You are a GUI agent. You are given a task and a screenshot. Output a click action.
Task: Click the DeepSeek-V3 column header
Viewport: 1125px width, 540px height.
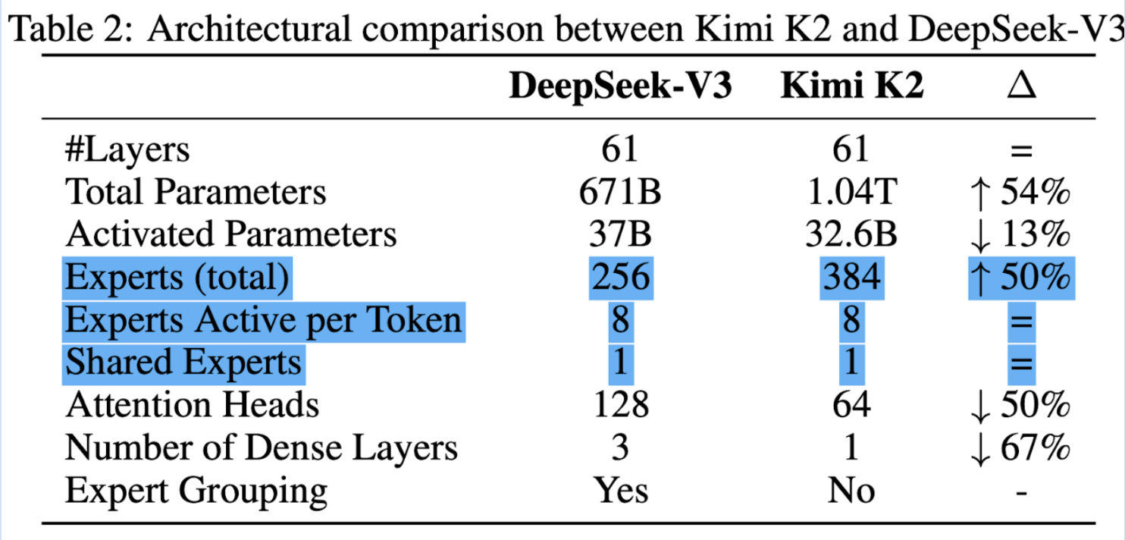point(620,86)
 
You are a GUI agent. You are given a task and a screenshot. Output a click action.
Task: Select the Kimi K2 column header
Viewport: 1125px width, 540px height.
point(852,86)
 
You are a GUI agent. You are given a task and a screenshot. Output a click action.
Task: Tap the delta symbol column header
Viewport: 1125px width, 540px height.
point(1022,86)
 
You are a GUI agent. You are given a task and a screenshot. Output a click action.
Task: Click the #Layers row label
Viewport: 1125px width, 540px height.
point(127,149)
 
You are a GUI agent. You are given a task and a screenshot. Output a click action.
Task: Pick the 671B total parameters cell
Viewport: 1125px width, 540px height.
point(620,192)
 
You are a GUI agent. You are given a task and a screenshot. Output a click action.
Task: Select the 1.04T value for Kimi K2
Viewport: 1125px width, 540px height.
point(852,192)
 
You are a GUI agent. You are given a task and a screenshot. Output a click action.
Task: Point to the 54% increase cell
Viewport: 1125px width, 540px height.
point(1020,193)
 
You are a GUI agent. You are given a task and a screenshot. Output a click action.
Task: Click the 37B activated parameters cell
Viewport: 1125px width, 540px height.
point(620,234)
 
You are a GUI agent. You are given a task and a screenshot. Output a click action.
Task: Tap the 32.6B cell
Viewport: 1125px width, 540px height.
point(851,234)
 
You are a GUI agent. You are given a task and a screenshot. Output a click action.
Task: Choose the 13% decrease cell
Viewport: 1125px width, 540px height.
point(1020,235)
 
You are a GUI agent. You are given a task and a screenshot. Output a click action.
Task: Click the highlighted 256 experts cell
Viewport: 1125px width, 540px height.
point(621,278)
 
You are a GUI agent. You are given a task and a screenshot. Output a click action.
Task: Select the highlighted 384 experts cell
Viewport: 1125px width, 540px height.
point(852,278)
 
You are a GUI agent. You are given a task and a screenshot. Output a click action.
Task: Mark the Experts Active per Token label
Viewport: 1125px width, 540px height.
point(263,322)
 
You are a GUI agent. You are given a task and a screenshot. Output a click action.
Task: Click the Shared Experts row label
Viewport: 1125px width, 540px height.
point(183,363)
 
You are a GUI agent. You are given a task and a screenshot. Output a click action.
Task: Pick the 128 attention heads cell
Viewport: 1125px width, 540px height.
point(621,405)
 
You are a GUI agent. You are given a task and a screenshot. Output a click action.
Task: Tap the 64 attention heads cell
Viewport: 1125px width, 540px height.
point(852,405)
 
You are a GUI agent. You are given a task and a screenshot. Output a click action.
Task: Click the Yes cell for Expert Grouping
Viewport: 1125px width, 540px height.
point(621,490)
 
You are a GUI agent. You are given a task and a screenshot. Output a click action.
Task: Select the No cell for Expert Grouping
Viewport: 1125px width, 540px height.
point(852,490)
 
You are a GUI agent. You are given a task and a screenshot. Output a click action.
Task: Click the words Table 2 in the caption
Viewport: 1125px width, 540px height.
point(71,29)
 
